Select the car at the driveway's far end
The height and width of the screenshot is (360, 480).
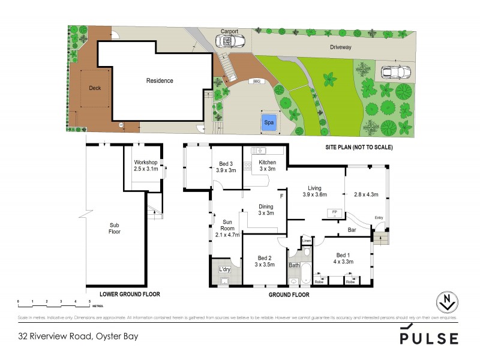click(x=397, y=72)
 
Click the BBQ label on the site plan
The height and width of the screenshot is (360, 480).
click(x=257, y=81)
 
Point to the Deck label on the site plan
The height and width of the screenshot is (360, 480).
click(x=95, y=88)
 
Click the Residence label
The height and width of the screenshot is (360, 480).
click(x=160, y=81)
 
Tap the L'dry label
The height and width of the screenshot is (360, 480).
click(x=224, y=268)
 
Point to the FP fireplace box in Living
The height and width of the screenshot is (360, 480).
click(x=334, y=212)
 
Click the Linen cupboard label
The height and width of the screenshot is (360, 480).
click(x=306, y=241)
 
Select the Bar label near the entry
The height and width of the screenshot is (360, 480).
click(x=353, y=230)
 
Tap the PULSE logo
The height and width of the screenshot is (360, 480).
click(x=429, y=337)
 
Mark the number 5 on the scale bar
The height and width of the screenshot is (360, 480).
click(x=89, y=300)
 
